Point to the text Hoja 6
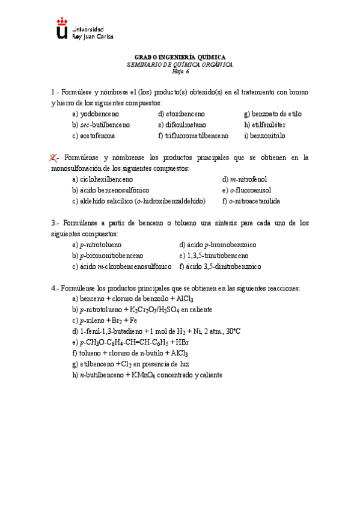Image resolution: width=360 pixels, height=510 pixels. (x=180, y=70)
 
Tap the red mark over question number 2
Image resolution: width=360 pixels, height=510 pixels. (x=53, y=158)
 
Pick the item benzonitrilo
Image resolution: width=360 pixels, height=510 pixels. (x=268, y=135)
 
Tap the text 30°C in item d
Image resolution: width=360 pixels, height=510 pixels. (x=232, y=331)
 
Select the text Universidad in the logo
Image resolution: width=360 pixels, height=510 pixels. (x=88, y=29)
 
